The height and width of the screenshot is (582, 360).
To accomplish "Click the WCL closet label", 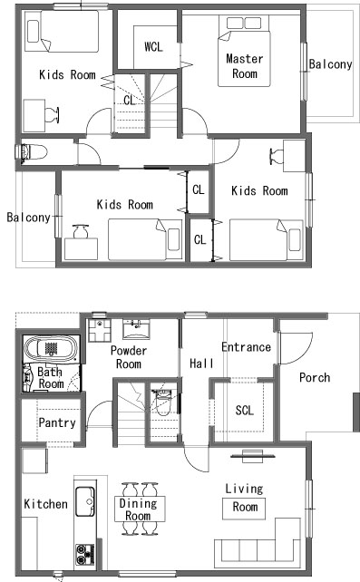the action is [x=153, y=47].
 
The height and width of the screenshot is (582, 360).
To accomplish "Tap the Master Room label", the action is [x=245, y=65].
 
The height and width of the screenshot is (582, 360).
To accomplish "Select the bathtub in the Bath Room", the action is [x=51, y=349].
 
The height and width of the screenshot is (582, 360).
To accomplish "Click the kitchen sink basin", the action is [x=85, y=502].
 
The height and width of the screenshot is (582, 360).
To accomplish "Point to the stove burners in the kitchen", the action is [x=85, y=554].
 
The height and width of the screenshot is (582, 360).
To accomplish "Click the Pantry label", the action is [x=57, y=422].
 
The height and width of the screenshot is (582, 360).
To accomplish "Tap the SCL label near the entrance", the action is [x=245, y=410].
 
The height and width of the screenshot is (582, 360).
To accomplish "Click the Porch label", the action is [x=315, y=377].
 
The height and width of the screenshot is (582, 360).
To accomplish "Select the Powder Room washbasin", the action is [x=136, y=329].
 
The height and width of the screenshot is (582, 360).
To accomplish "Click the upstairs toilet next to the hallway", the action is [x=33, y=152].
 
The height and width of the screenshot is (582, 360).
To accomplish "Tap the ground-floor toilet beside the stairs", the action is [x=162, y=402].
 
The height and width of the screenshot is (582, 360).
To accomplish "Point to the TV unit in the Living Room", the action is [x=253, y=456].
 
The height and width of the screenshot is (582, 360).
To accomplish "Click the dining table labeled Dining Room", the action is [x=140, y=509].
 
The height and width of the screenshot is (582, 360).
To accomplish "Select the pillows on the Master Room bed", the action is [x=244, y=23].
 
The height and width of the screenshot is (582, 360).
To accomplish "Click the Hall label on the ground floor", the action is [x=201, y=363].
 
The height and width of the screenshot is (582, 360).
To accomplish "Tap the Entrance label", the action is [x=246, y=347].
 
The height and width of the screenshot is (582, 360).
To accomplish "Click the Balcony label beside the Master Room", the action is [x=330, y=64].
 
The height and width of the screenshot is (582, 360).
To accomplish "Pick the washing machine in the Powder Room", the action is [x=100, y=330].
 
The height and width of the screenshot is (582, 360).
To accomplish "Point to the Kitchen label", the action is [x=45, y=504].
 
